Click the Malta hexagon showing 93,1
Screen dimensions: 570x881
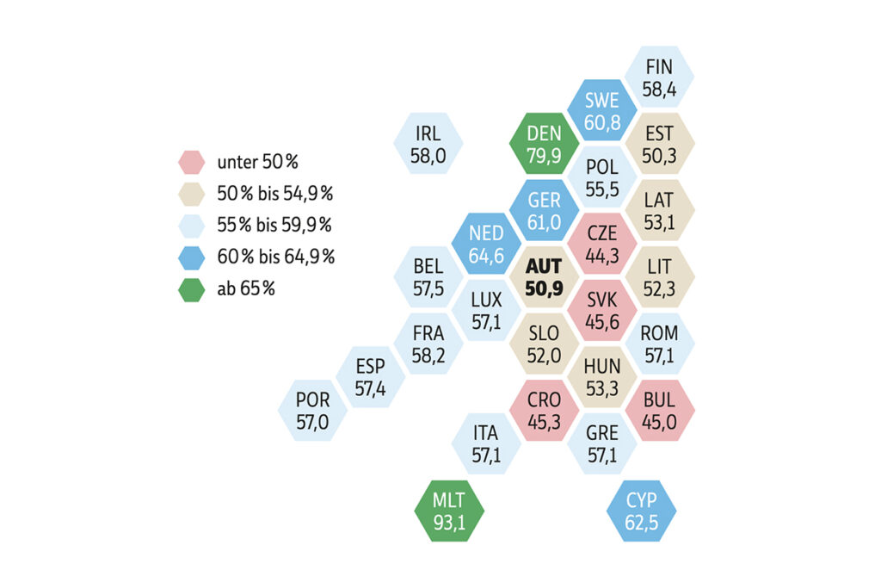click(x=449, y=511)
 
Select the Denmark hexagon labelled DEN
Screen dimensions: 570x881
click(x=544, y=145)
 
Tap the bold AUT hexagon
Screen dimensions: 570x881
click(x=544, y=277)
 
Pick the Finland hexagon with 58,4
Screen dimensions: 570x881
click(x=659, y=77)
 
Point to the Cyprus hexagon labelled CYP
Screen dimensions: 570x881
click(x=641, y=511)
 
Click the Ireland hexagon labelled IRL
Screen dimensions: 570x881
click(x=428, y=145)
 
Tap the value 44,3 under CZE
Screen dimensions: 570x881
click(x=601, y=255)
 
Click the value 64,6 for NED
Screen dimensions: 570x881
click(x=486, y=255)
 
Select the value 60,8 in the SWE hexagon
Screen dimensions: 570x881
click(x=602, y=122)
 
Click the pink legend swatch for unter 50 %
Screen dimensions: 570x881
click(x=191, y=161)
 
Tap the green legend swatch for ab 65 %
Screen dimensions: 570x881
click(x=191, y=289)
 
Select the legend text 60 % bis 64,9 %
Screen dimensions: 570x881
click(x=276, y=257)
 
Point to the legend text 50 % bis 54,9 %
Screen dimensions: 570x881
click(x=276, y=194)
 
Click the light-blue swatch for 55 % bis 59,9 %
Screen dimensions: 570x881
click(x=191, y=226)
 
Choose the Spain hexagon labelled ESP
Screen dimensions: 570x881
click(x=370, y=377)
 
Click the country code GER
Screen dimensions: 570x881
click(x=544, y=201)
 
